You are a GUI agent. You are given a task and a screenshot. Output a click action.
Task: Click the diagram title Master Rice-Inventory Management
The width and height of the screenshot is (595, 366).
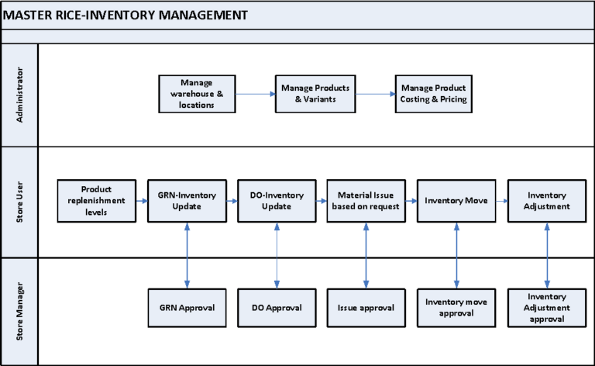tap(126, 15)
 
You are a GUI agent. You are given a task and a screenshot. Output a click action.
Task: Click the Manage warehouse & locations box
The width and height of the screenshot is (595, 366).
tap(197, 93)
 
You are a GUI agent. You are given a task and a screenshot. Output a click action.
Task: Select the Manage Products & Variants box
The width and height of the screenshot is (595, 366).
tap(315, 93)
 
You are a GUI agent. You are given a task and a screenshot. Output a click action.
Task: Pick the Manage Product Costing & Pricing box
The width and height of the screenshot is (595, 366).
tap(434, 93)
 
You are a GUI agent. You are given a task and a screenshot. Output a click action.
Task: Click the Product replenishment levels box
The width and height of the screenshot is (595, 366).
tap(96, 200)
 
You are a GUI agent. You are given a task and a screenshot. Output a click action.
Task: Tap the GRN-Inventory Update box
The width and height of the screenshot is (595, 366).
tap(186, 200)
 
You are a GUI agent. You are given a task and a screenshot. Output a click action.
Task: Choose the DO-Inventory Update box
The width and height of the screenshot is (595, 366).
tap(277, 200)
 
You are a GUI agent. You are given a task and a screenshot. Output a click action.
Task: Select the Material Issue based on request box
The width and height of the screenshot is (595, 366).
tap(366, 200)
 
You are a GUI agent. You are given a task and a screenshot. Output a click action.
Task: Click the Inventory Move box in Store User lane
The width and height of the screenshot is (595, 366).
tap(456, 200)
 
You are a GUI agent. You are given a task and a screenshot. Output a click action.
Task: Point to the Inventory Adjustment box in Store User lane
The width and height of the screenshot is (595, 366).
tap(547, 200)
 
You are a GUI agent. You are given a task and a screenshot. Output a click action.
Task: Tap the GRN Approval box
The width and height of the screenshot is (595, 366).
tap(186, 307)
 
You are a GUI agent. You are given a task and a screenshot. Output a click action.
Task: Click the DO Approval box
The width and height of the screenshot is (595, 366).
tap(277, 307)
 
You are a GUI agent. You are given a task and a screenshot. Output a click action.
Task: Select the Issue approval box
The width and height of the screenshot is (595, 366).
tap(366, 307)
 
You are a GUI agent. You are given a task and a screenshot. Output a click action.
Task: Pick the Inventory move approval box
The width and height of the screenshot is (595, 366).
tap(456, 307)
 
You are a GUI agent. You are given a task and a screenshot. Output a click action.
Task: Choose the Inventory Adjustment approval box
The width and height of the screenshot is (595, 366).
tap(547, 307)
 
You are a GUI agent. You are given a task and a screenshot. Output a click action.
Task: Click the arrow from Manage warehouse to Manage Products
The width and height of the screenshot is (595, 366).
tap(256, 94)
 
